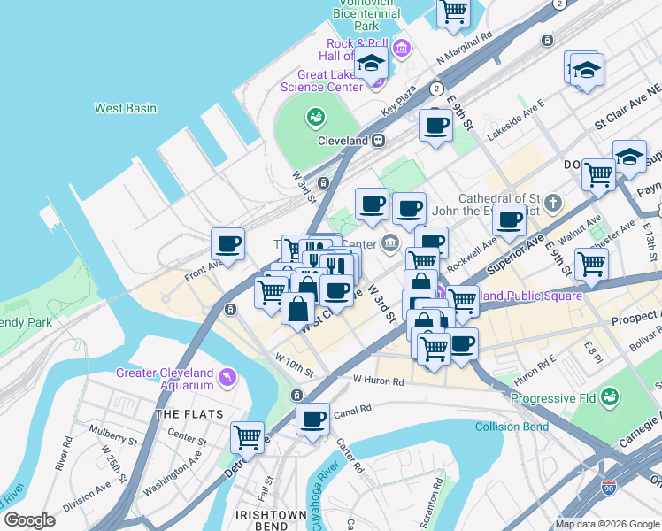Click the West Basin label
tap(126, 108)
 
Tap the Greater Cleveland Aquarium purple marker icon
tap(229, 379)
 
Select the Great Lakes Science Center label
tap(321, 81)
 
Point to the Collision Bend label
tap(512, 427)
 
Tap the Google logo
tap(28, 519)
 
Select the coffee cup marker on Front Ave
tap(227, 243)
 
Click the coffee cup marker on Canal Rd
tap(312, 419)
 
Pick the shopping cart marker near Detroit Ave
tap(247, 436)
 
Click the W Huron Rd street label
tap(378, 381)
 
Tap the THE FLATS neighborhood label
tap(182, 413)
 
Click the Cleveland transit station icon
tap(378, 141)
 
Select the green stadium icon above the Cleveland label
tap(315, 116)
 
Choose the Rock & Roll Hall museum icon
tap(401, 47)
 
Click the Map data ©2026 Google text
tap(606, 524)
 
